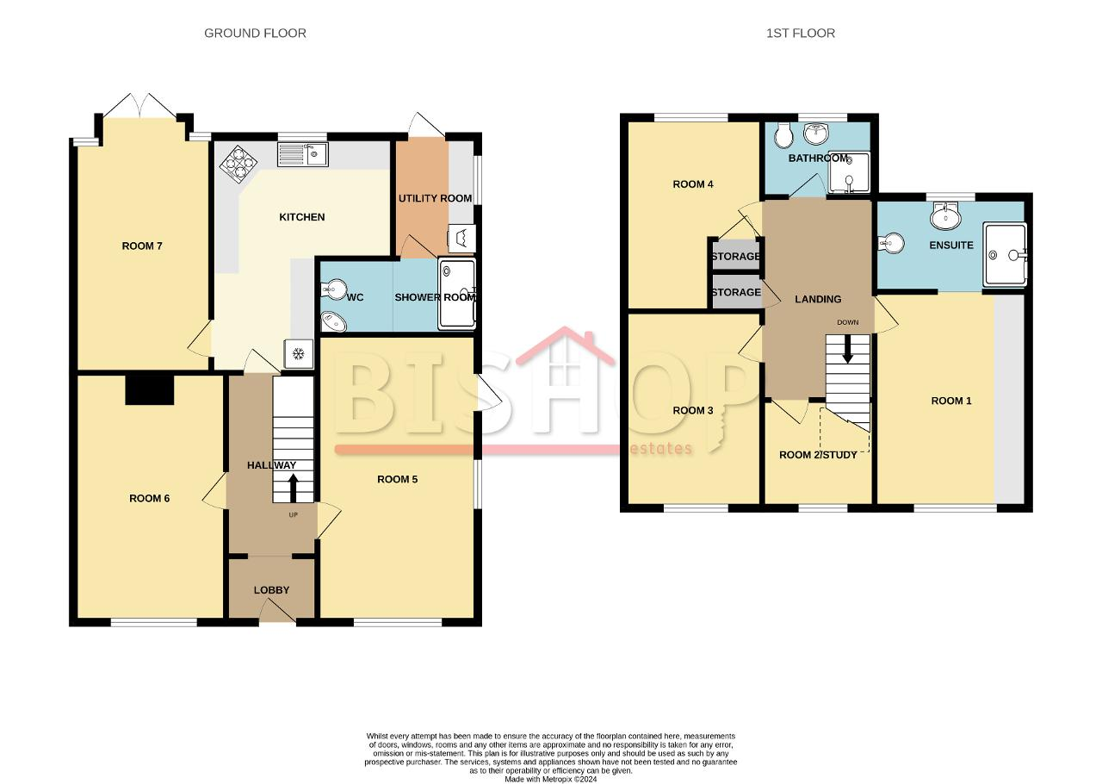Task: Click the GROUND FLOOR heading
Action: tap(255, 33)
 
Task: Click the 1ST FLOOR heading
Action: tap(801, 33)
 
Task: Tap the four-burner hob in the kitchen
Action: tap(238, 164)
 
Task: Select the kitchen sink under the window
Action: tap(302, 154)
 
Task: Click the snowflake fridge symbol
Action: tap(298, 353)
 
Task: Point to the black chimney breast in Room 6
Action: tap(150, 390)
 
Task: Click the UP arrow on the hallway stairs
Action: tap(293, 488)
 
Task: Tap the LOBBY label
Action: tap(271, 590)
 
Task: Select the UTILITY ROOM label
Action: tap(435, 198)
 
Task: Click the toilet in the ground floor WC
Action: tap(333, 289)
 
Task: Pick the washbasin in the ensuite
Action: tap(945, 217)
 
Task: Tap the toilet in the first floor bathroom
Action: tap(783, 135)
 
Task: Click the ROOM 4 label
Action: tap(693, 184)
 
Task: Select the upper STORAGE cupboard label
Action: tap(736, 256)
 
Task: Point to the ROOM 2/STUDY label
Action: tap(818, 455)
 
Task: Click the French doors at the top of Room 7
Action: tap(139, 105)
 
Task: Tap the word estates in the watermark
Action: tap(660, 448)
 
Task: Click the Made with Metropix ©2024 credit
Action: tap(550, 780)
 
